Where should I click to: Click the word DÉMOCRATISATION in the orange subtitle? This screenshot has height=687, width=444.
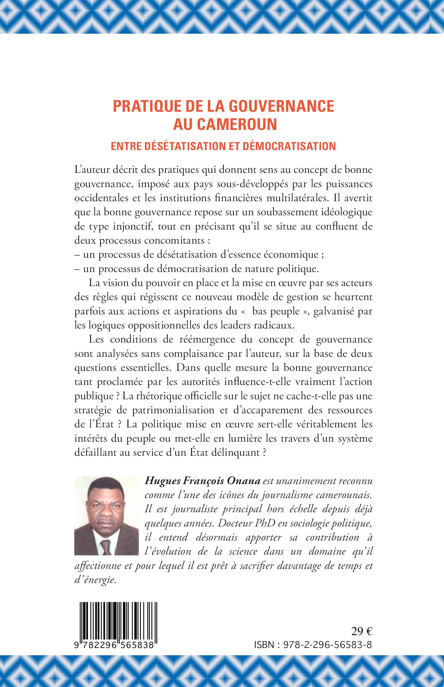click(289, 146)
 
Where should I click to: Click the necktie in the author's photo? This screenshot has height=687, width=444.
click(106, 547)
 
